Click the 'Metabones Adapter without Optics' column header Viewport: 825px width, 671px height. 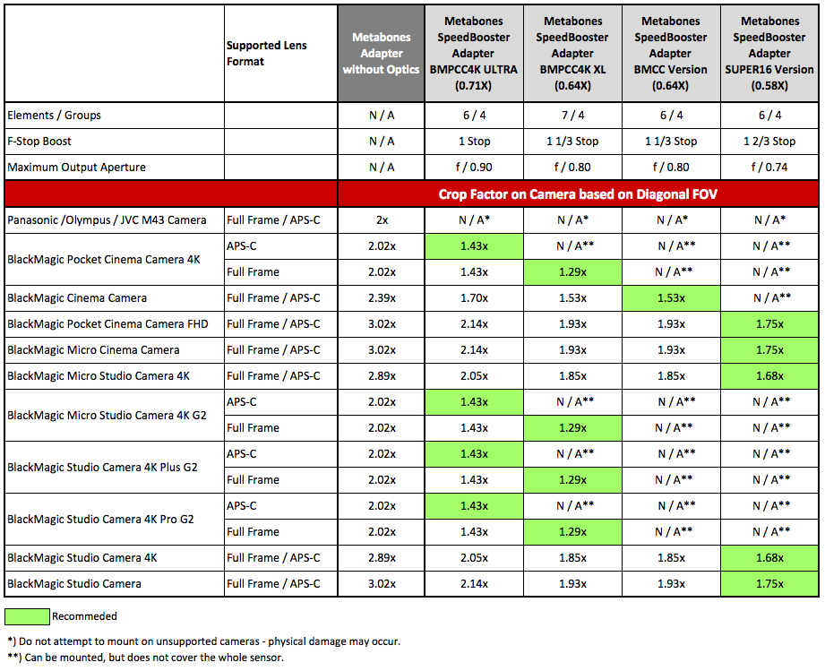381,53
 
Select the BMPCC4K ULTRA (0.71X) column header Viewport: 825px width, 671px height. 474,53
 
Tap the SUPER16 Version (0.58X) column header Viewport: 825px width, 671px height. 769,53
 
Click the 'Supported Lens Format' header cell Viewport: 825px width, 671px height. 266,53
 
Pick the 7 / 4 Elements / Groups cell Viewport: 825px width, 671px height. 572,116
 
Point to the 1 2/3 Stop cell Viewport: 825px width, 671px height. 769,141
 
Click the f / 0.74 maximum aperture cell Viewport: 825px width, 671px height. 769,168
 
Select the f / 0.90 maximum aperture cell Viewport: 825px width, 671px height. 474,168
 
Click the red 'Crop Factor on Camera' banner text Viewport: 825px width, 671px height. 578,194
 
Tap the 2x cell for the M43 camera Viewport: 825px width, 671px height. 382,220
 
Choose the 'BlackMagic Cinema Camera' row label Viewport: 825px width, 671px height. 77,297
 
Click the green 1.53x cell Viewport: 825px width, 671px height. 671,297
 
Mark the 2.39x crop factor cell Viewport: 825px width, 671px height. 382,297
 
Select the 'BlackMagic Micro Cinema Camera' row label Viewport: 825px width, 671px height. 93,350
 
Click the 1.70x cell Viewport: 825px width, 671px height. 474,297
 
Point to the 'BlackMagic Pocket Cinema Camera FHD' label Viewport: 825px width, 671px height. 107,323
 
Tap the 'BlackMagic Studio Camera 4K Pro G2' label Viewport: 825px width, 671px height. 100,519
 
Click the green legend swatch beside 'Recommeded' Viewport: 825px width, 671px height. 27,616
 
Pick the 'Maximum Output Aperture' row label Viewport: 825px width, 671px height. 76,168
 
